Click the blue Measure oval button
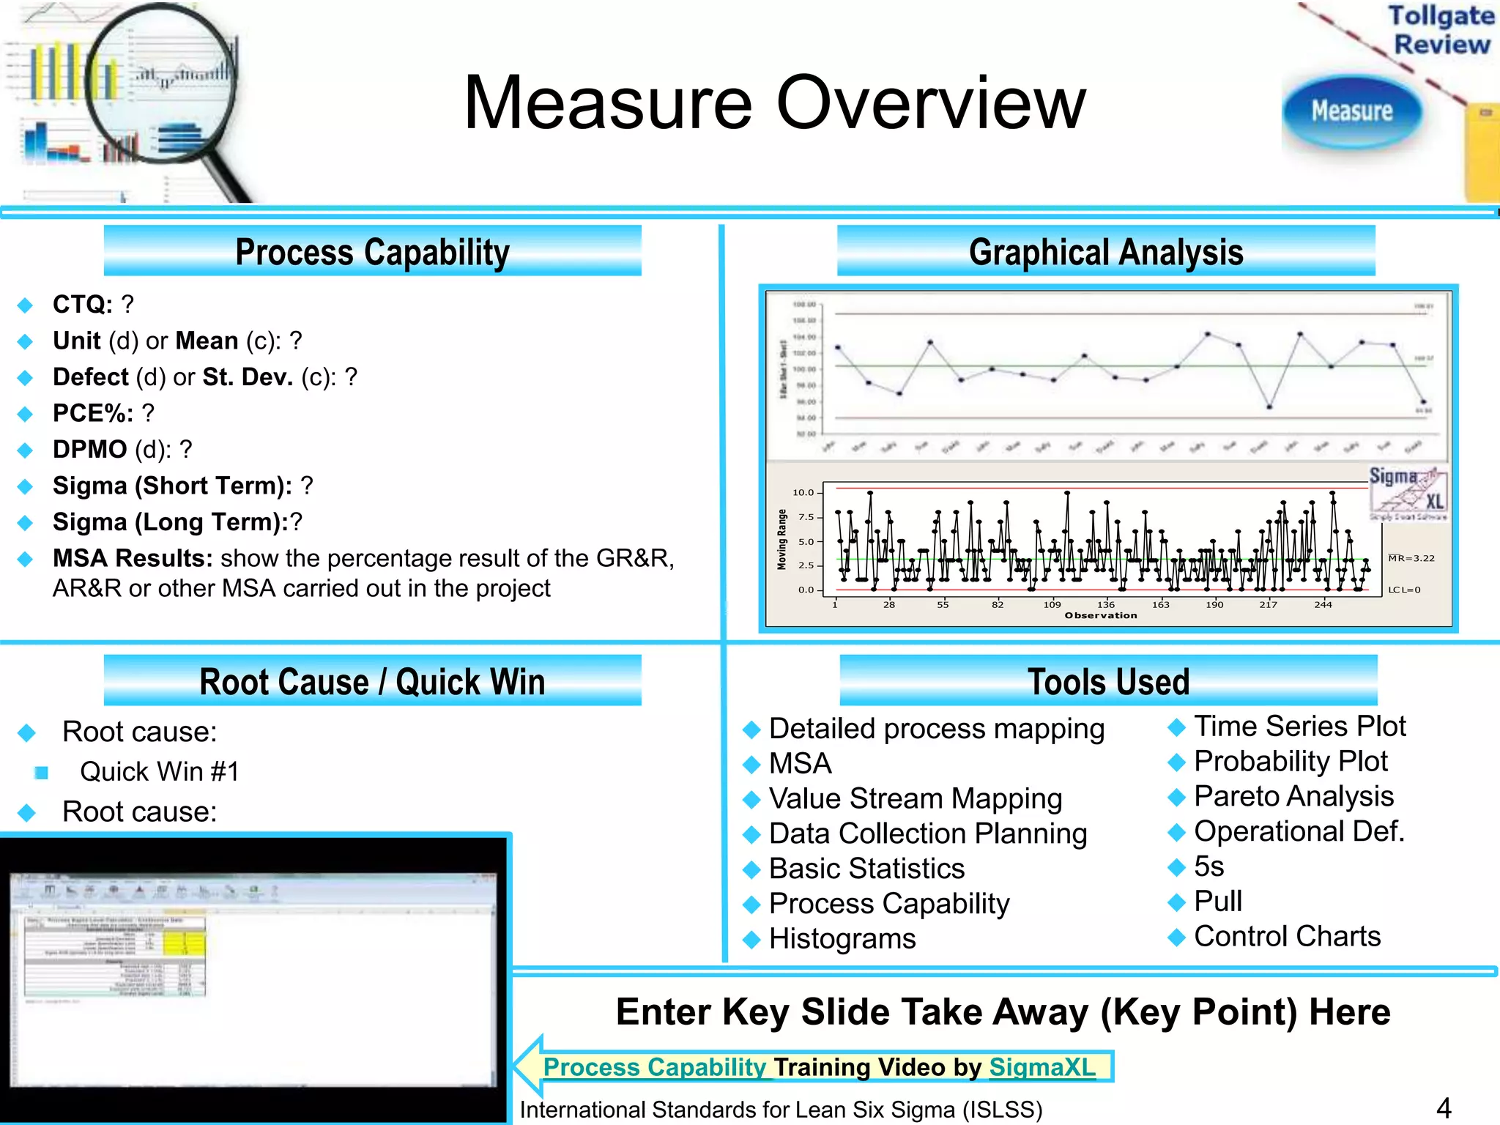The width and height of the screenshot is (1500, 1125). (x=1351, y=111)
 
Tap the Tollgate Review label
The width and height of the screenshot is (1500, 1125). (x=1441, y=30)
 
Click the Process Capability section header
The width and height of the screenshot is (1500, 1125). (x=372, y=252)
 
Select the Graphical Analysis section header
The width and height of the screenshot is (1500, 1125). (x=1106, y=252)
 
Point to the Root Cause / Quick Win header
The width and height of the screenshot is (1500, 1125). (x=372, y=682)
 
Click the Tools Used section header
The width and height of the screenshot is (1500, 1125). (x=1108, y=682)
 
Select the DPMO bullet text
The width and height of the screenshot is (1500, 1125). (x=122, y=449)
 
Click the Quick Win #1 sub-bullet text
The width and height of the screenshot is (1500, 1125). (x=159, y=771)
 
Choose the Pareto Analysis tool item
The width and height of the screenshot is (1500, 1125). (x=1293, y=796)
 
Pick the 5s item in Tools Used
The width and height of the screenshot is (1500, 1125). (x=1208, y=866)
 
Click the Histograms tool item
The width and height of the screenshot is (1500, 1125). (x=842, y=939)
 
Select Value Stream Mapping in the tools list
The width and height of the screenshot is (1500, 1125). (x=916, y=798)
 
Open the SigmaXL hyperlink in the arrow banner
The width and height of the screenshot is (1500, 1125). (x=1042, y=1067)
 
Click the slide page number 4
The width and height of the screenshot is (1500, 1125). (x=1444, y=1107)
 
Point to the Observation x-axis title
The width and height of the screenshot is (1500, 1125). (x=1101, y=615)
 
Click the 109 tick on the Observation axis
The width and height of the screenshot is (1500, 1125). (x=1052, y=604)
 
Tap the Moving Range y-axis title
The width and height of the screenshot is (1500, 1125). (x=782, y=540)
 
